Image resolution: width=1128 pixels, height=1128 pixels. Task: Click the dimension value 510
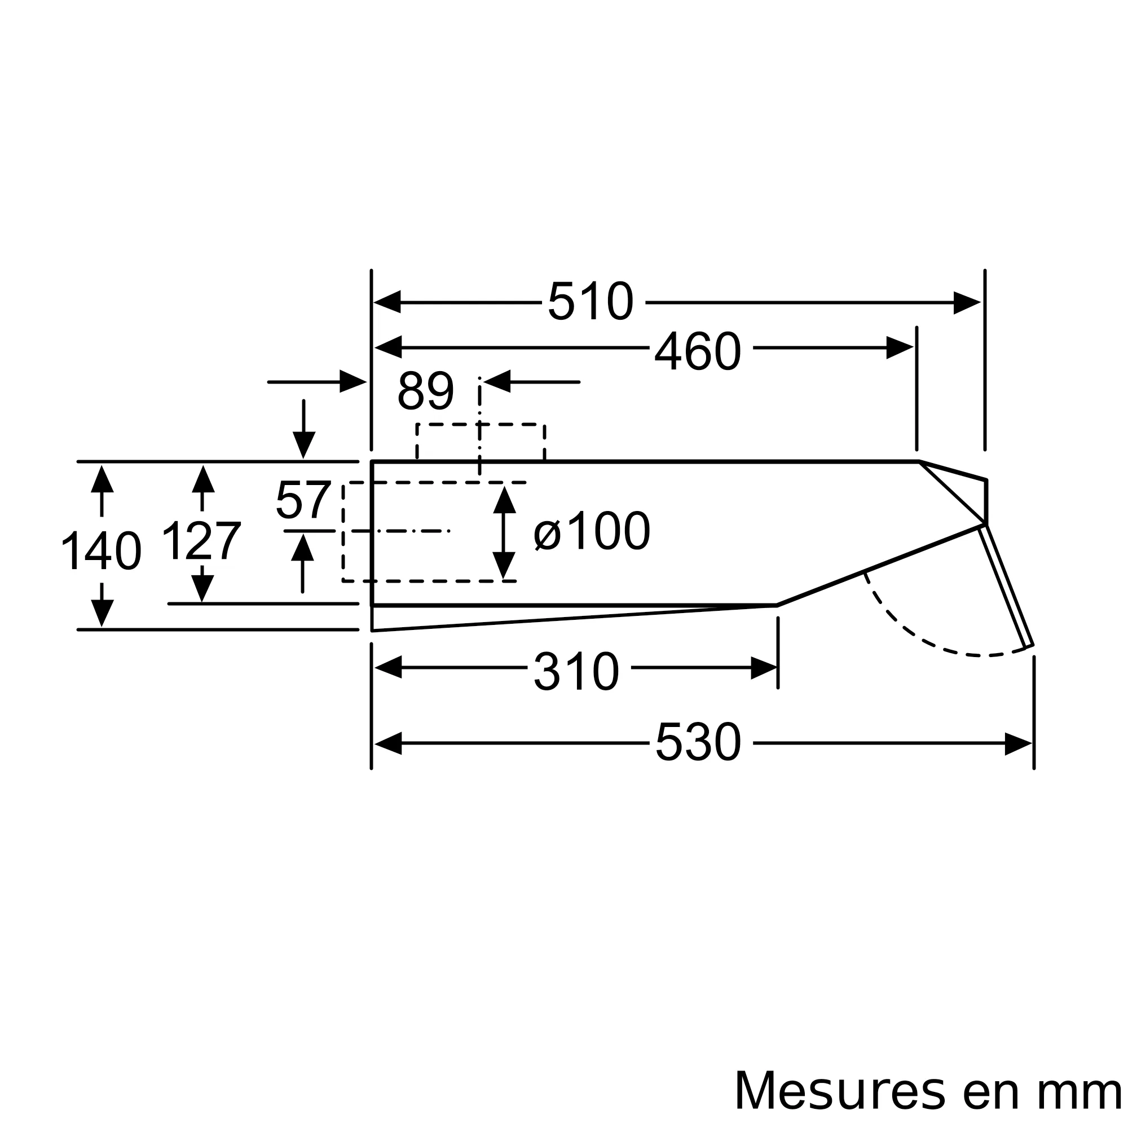[591, 301]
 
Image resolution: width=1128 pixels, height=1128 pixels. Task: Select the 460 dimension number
[698, 351]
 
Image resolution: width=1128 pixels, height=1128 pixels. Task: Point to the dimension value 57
[303, 500]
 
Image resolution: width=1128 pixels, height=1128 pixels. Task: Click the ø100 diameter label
[592, 531]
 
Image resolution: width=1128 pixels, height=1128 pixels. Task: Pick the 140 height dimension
[102, 550]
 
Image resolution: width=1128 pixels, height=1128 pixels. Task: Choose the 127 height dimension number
[201, 541]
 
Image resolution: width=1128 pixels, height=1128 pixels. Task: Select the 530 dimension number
[698, 742]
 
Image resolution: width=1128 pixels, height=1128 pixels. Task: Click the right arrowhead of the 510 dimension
[967, 302]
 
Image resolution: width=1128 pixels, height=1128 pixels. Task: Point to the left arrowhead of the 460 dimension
[388, 347]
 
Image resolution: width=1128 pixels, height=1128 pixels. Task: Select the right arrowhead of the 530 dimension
[1018, 743]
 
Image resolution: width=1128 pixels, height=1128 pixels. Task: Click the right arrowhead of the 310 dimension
[764, 667]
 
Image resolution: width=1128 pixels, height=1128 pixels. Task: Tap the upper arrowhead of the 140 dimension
[102, 479]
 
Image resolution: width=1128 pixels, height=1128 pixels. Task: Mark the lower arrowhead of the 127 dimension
[202, 588]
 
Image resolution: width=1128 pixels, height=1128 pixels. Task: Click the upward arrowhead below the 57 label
[302, 547]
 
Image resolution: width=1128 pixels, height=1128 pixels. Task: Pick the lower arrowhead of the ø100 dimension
[504, 565]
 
